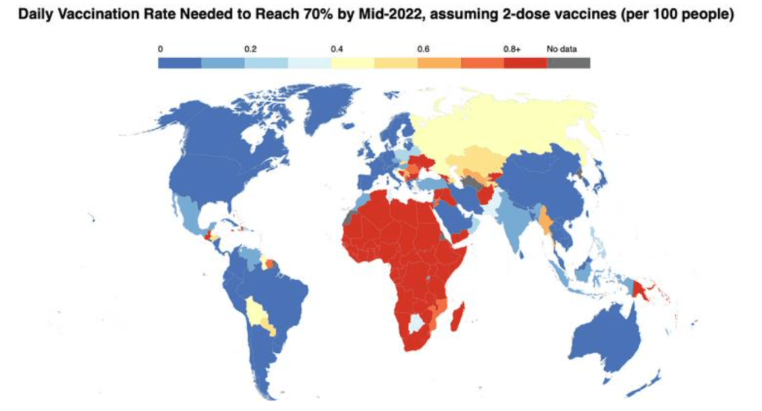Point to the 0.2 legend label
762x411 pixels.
coord(250,49)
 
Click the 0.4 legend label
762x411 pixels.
coord(337,49)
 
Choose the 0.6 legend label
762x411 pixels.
coord(423,49)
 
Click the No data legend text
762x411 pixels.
coord(562,49)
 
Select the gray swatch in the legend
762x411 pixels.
coord(568,63)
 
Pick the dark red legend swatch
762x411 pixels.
coord(525,63)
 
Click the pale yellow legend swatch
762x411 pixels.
coord(352,63)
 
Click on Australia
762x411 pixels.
coord(607,335)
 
